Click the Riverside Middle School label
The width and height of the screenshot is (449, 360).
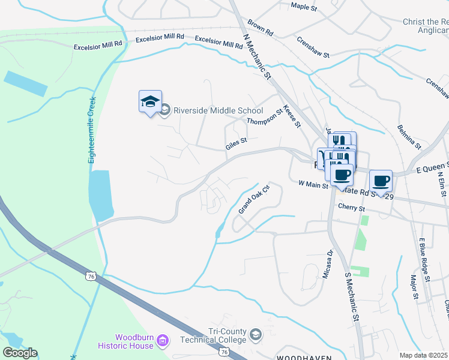point(218,110)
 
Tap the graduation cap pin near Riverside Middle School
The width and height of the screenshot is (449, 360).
point(150,103)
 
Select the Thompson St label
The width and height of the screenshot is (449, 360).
point(265,116)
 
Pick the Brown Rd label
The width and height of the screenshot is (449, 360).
point(260,27)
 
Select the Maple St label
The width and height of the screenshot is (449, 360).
point(303,7)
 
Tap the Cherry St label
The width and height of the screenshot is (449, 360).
point(351,208)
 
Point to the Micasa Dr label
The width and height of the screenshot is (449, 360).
point(329,261)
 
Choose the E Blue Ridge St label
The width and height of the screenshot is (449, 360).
point(424,259)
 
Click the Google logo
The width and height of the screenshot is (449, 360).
point(19,353)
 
